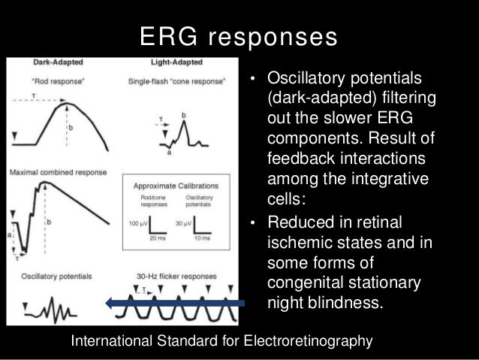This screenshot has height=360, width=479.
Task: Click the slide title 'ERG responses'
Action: pos(239,35)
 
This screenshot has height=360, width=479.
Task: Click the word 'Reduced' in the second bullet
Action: pos(298,223)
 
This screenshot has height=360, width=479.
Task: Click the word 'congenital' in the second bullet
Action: pos(306,284)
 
